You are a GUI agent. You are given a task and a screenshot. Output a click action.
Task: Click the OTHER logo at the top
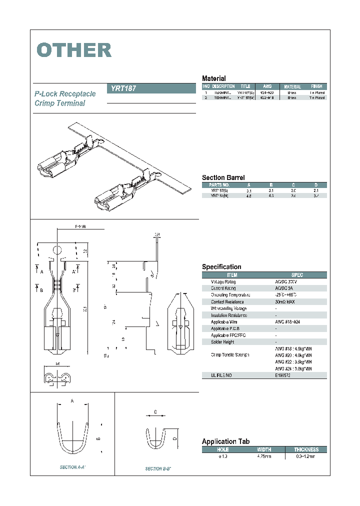(x=74, y=50)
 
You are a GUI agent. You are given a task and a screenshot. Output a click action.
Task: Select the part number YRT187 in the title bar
(x=122, y=88)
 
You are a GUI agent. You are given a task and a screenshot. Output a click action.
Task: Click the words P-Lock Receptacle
(x=65, y=94)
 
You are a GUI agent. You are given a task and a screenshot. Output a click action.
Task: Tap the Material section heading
(x=213, y=78)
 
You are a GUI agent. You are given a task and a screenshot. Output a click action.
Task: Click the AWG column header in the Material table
(x=267, y=86)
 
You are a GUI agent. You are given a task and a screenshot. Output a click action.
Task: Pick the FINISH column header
(x=316, y=86)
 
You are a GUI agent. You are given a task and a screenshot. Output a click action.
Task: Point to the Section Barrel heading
(x=223, y=177)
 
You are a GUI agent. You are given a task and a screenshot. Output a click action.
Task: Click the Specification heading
(x=221, y=267)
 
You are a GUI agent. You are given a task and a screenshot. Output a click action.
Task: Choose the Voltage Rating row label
(x=223, y=282)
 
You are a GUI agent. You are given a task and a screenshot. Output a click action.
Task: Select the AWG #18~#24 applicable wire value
(x=287, y=322)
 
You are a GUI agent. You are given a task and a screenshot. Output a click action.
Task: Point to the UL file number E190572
(x=282, y=375)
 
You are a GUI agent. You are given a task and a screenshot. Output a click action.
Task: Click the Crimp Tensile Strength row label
(x=230, y=355)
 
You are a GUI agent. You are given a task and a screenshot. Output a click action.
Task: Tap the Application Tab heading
(x=225, y=441)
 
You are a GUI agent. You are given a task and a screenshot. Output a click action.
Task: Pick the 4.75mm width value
(x=263, y=456)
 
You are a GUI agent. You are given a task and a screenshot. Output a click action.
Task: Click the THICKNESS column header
(x=306, y=449)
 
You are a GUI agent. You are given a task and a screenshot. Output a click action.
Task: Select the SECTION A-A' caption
(x=73, y=467)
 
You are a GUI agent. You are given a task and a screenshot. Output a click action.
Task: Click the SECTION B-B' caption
(x=158, y=468)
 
